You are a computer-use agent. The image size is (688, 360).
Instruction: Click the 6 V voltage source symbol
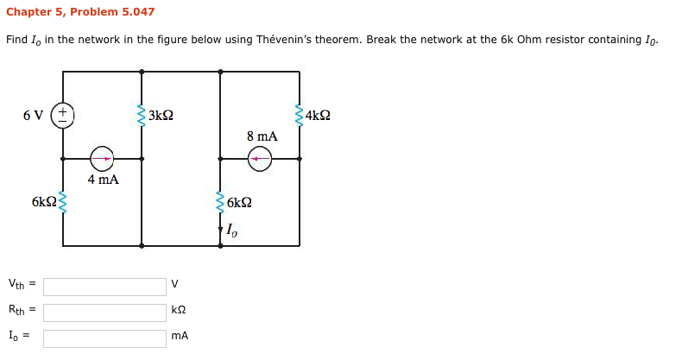(x=63, y=115)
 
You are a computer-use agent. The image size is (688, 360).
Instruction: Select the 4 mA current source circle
(x=102, y=159)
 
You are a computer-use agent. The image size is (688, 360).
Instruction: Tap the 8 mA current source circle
(x=260, y=159)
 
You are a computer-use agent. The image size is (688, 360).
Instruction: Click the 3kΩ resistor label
(x=161, y=115)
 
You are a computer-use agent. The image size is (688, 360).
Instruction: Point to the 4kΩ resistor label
(x=318, y=115)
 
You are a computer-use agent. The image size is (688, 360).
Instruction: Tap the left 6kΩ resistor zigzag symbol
(x=63, y=203)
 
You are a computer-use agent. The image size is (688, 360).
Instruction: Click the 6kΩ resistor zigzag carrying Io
(x=220, y=203)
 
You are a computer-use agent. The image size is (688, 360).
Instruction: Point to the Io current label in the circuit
(x=230, y=230)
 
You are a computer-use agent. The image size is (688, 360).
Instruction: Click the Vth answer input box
(x=104, y=287)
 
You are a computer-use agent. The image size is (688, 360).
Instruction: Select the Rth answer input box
(x=104, y=312)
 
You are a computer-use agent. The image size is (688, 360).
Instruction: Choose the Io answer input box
(x=104, y=338)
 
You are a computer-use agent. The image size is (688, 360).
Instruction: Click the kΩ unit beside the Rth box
(x=178, y=309)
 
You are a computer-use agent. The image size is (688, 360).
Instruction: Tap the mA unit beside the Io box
(x=180, y=335)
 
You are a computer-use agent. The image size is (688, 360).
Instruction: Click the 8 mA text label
(x=262, y=136)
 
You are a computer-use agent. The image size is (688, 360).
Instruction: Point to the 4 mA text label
(x=103, y=180)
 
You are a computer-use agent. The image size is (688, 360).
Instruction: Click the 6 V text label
(x=33, y=115)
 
